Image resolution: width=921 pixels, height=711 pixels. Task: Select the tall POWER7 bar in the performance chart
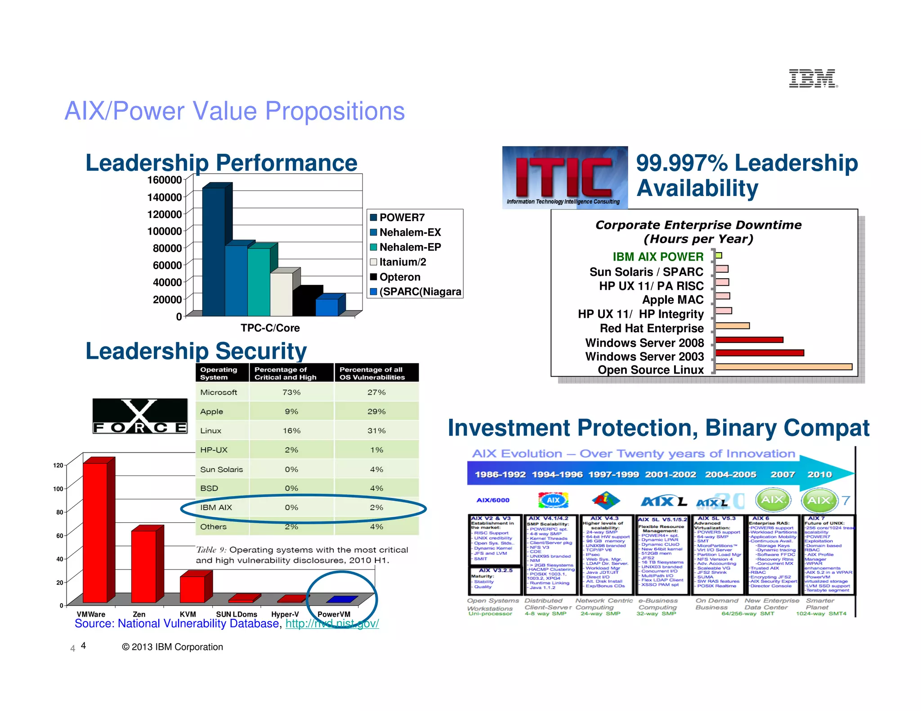click(214, 252)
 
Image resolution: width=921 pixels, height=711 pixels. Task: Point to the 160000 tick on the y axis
click(165, 180)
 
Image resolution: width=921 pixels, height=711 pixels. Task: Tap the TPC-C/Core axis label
click(270, 328)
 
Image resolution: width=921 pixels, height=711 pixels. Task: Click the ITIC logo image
click(565, 177)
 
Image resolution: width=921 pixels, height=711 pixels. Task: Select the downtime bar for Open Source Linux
click(783, 367)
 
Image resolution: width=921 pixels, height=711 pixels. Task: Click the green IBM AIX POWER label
click(657, 257)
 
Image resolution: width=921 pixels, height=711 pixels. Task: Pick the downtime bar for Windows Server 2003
click(760, 353)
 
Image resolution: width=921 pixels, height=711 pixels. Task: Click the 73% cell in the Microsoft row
click(291, 392)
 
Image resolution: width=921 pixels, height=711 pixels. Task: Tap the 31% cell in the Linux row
click(376, 431)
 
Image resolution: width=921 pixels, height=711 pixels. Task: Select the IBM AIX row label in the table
click(216, 507)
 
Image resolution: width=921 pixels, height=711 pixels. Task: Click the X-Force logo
click(140, 416)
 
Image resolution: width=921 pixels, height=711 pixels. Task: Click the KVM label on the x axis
click(188, 614)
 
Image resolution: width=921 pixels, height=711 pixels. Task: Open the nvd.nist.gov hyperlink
click(332, 624)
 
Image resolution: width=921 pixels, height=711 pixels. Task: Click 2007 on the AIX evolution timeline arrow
click(782, 474)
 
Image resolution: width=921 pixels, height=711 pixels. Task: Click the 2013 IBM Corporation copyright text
click(172, 647)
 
